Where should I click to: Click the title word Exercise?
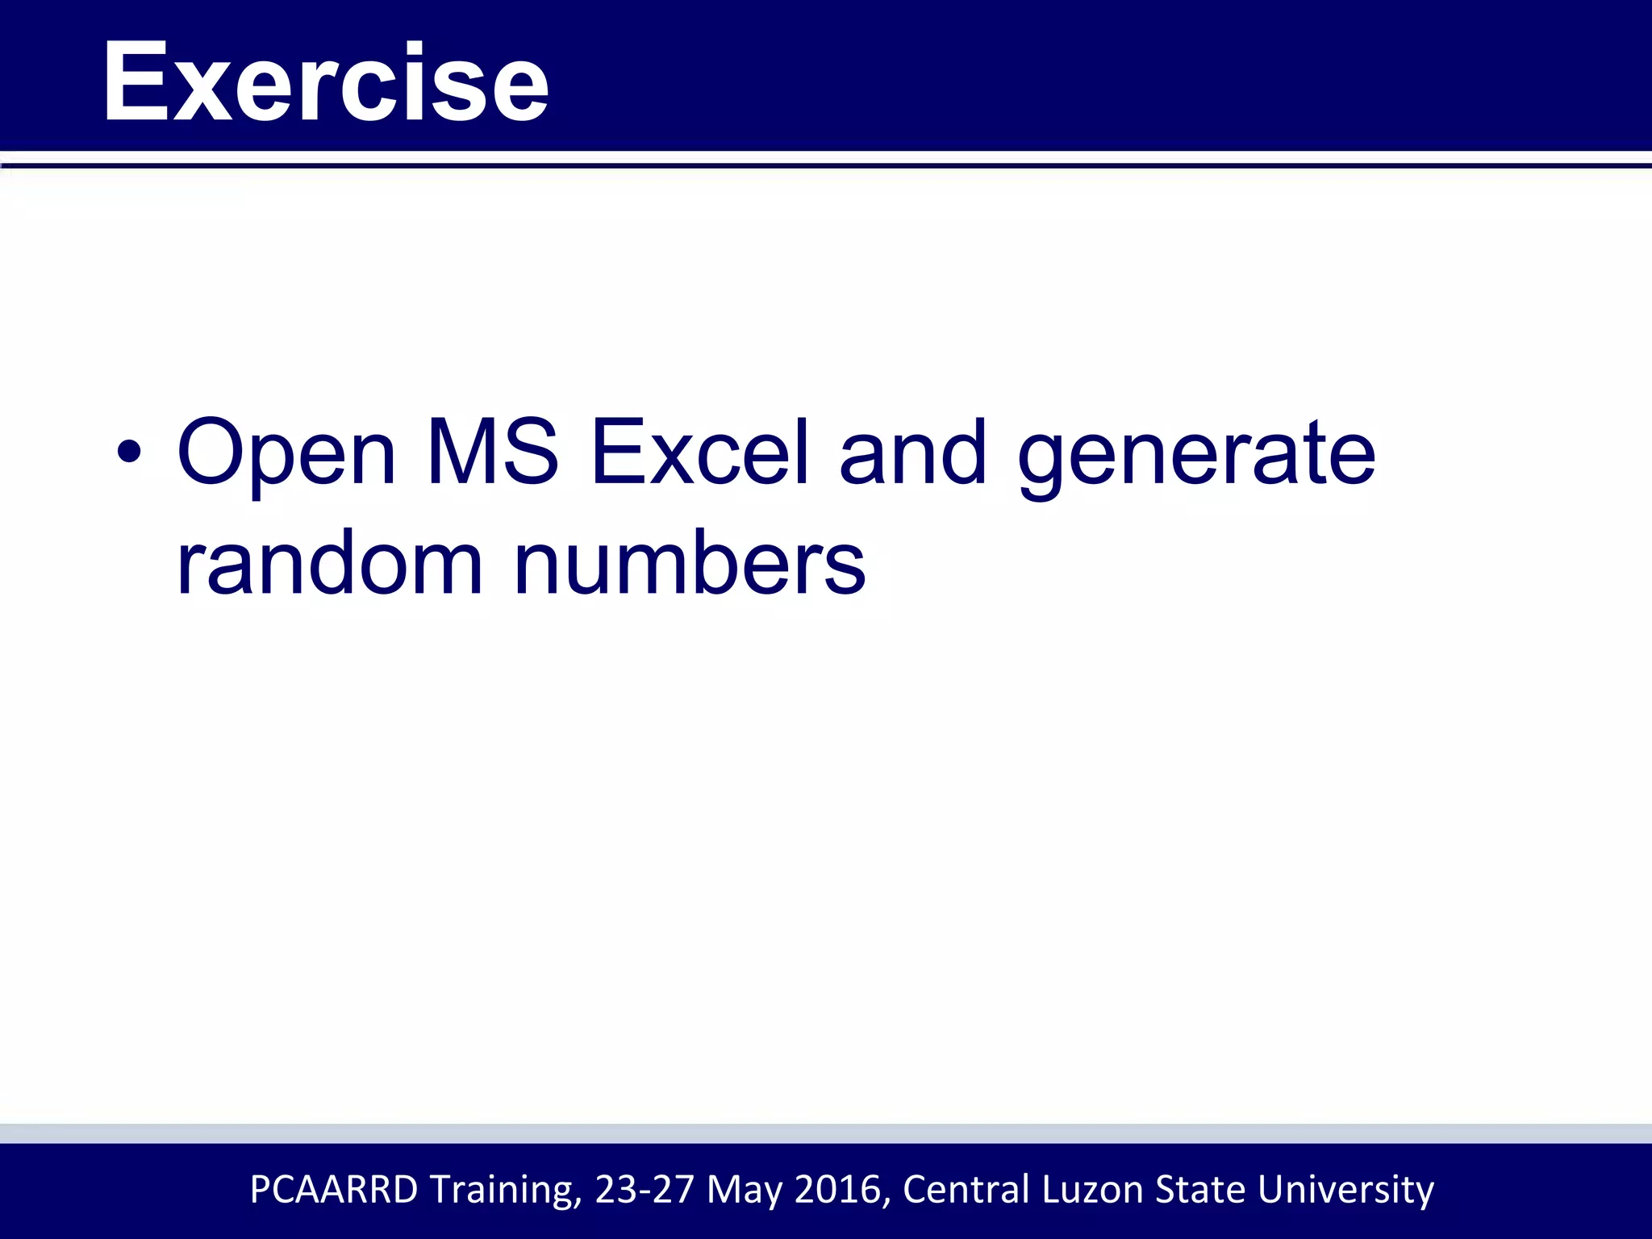(x=326, y=82)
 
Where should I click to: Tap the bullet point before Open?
(x=129, y=453)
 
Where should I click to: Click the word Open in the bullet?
(x=286, y=453)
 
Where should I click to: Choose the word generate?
(x=1196, y=456)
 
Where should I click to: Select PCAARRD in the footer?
(x=334, y=1189)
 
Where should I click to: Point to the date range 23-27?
(x=645, y=1189)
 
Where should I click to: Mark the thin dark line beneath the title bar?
(x=826, y=166)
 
